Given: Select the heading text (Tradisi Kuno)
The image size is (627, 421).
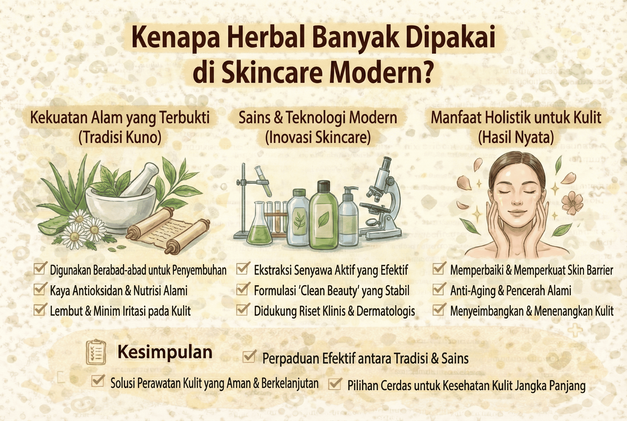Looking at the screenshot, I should coord(120,138).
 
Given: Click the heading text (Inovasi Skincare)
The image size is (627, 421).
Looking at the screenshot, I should coord(318,138).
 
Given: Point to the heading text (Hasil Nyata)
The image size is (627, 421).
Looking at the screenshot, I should coord(516,138).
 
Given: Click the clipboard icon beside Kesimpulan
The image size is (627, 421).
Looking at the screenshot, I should coord(95,352).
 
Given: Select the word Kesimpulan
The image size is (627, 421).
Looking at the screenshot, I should coord(165,352).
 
